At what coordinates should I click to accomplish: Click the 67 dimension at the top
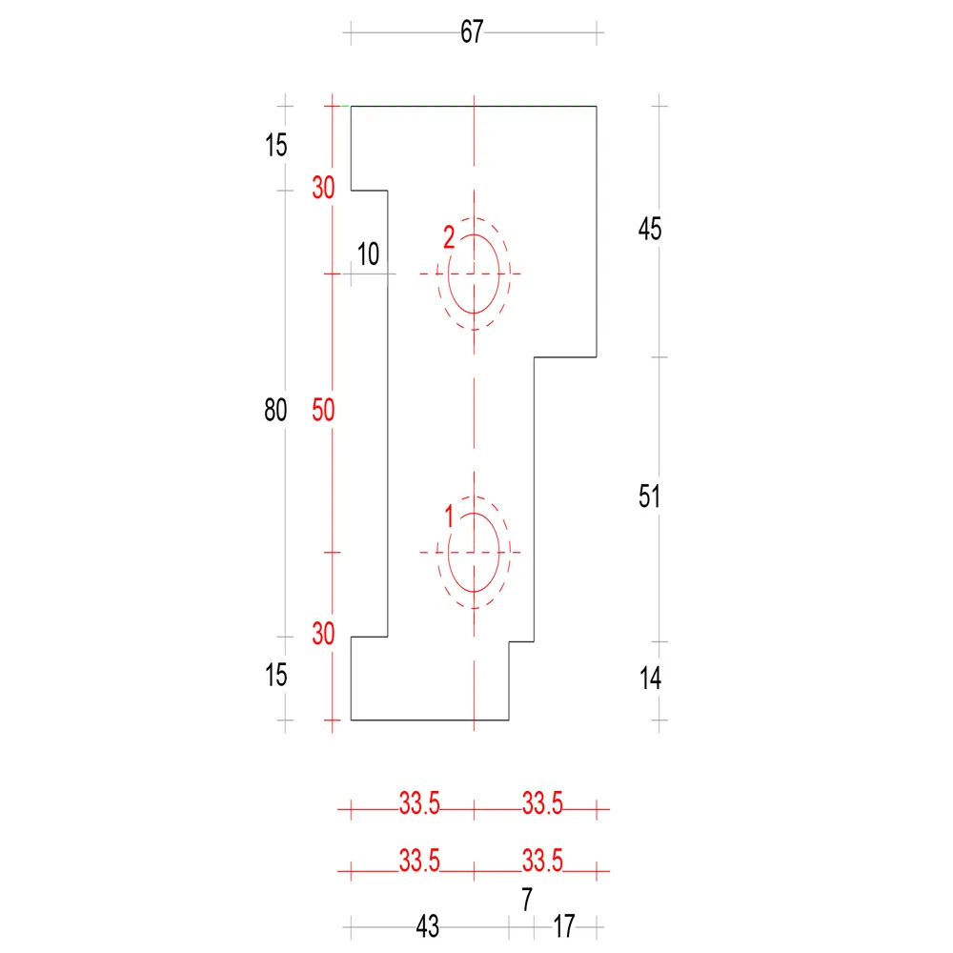point(472,31)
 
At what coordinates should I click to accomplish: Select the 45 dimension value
point(650,229)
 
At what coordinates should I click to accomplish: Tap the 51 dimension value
point(649,496)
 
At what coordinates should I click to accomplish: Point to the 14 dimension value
point(650,678)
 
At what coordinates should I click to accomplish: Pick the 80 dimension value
point(275,410)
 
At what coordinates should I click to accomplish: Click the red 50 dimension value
point(323,410)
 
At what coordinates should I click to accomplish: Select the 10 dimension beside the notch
point(368,254)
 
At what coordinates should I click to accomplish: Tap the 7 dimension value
point(527,899)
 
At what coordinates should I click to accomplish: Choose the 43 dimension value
point(427,926)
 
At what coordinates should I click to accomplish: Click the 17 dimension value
point(563,926)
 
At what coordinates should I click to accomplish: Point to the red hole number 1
point(449,517)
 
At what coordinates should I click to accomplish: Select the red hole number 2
point(449,237)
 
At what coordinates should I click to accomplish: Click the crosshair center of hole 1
point(474,553)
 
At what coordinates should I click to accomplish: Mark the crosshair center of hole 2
point(474,274)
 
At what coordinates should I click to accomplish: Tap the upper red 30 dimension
point(323,187)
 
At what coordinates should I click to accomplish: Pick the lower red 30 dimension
point(323,634)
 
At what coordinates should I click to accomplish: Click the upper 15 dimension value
point(276,145)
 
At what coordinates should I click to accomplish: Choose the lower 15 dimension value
point(276,675)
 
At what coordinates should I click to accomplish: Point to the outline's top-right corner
point(597,107)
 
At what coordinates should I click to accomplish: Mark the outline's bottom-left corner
point(352,720)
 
